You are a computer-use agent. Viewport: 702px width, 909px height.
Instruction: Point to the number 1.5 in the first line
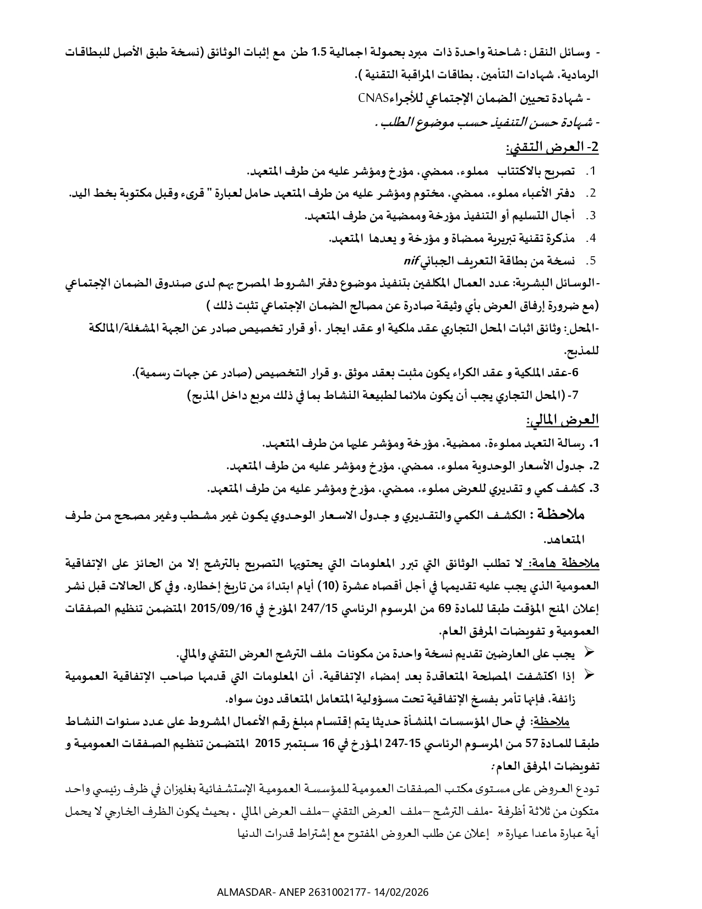coord(320,53)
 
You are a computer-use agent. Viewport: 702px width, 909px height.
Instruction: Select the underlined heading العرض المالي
coord(562,420)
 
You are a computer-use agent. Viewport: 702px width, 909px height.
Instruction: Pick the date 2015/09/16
coord(220,609)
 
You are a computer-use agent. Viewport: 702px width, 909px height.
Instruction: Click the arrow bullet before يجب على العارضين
coord(588,653)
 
